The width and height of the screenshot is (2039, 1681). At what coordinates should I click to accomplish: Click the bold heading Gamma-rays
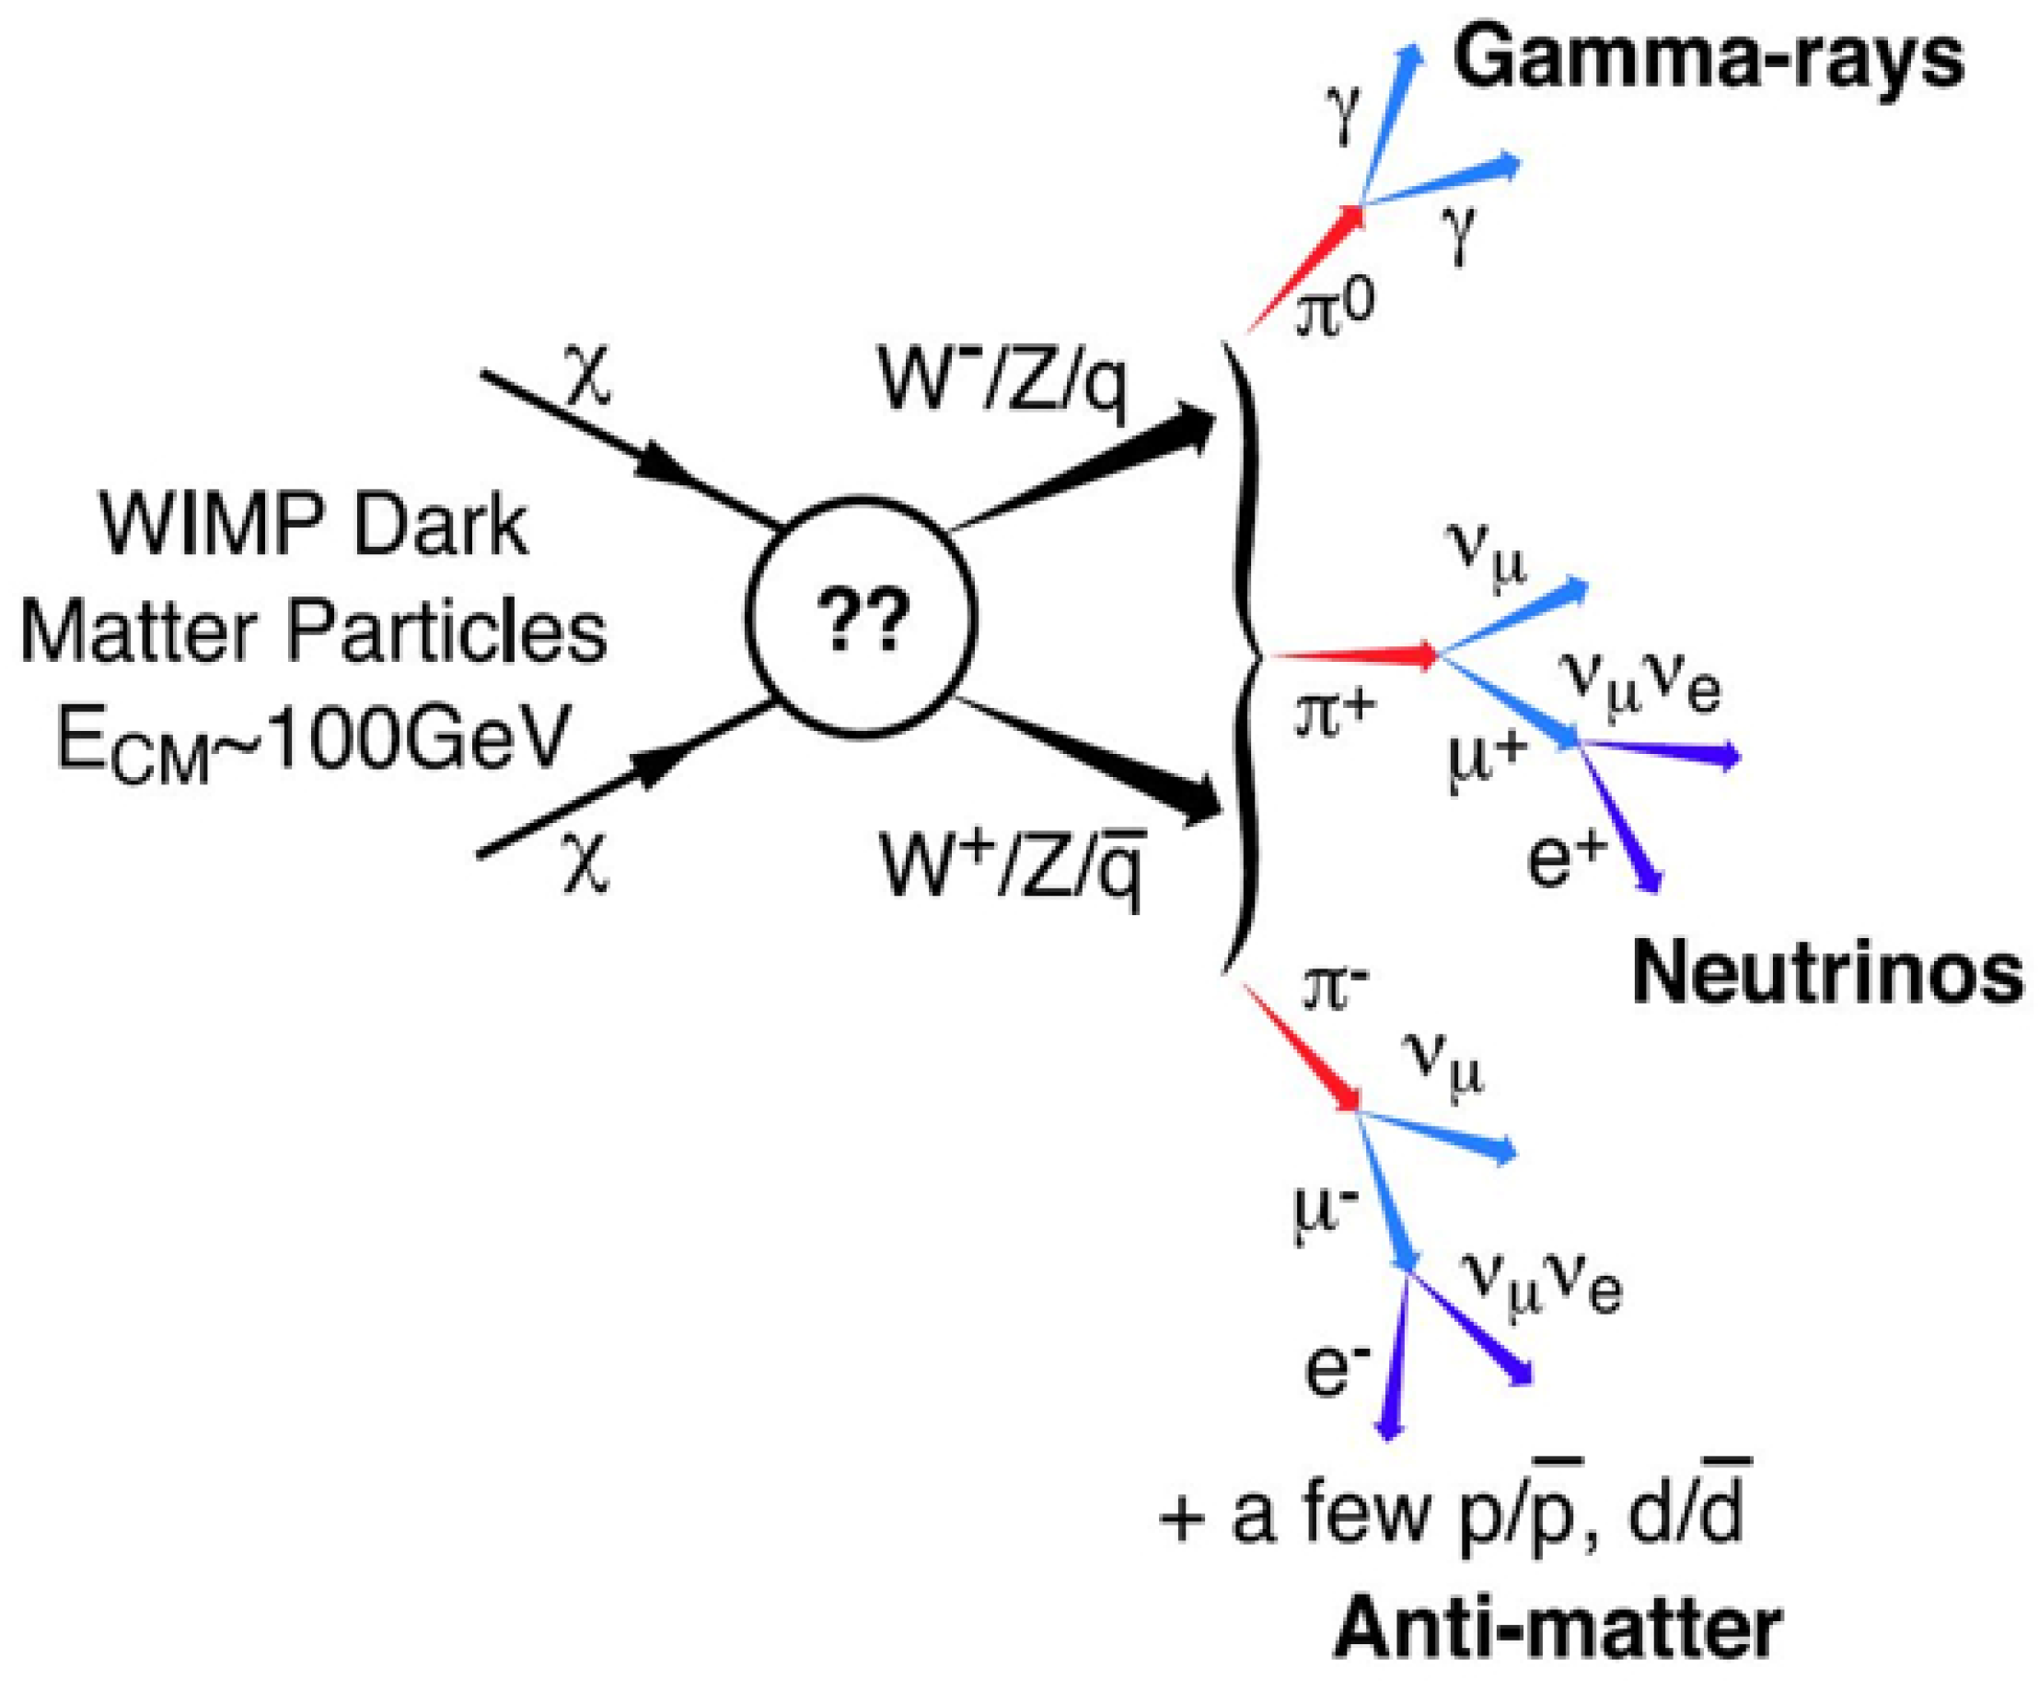[1708, 60]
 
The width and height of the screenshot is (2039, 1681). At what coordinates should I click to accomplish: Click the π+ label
[1335, 716]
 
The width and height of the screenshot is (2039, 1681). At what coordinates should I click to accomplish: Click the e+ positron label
[1567, 859]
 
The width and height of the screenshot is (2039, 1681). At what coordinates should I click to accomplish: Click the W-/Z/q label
[1002, 380]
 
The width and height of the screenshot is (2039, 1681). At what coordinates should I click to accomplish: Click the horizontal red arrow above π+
[1355, 655]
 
